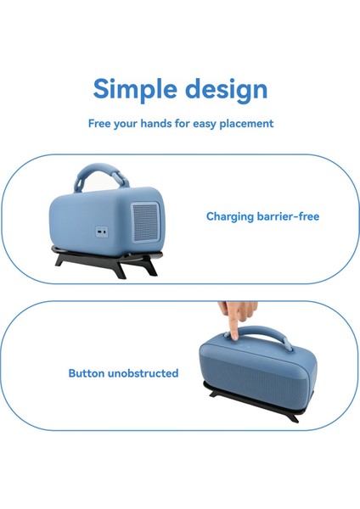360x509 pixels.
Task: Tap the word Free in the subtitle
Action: click(x=101, y=124)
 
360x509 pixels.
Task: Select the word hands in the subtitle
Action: click(x=162, y=124)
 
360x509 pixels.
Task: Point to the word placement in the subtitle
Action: click(x=245, y=124)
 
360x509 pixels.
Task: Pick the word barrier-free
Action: click(x=291, y=216)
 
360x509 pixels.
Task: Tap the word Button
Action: click(x=87, y=372)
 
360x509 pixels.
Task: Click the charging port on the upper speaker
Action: click(x=102, y=231)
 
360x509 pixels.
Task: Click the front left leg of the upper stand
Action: click(x=63, y=260)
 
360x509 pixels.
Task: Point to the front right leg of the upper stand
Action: click(x=149, y=266)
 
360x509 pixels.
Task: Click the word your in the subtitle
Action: click(x=128, y=124)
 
